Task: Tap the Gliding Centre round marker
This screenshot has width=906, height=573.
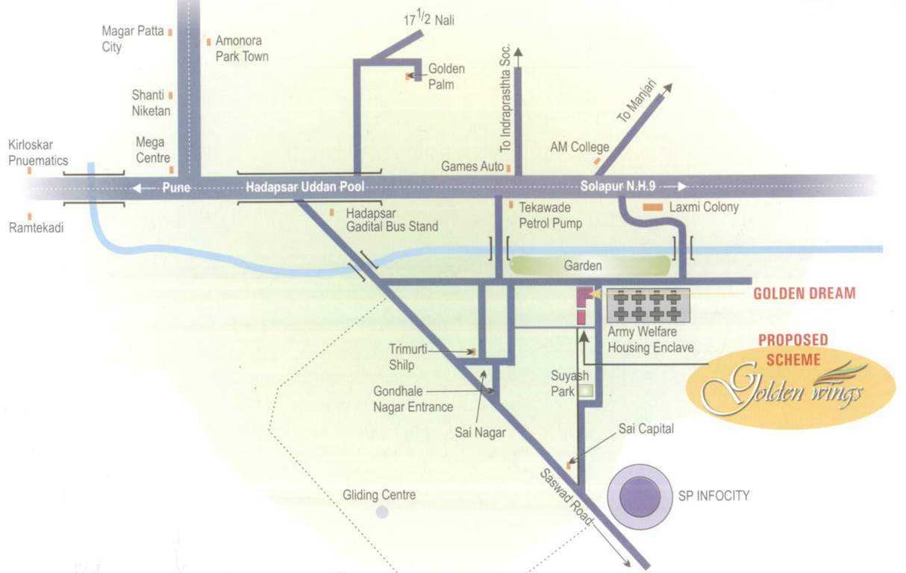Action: (x=382, y=512)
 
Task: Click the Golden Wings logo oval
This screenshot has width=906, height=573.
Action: (x=790, y=387)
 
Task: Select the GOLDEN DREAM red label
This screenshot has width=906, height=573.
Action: (x=804, y=293)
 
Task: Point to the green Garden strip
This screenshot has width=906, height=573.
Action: (x=590, y=266)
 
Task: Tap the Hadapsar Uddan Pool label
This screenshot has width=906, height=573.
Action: (x=305, y=187)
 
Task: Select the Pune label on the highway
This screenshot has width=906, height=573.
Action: (x=176, y=187)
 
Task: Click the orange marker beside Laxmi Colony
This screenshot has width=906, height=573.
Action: (x=652, y=207)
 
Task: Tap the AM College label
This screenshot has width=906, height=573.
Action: (x=579, y=148)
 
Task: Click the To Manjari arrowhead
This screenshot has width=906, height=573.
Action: (x=666, y=88)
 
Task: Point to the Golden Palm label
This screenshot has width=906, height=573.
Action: (x=446, y=76)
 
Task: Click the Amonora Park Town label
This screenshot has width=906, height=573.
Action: (x=242, y=48)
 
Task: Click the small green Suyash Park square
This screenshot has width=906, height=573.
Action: (x=587, y=390)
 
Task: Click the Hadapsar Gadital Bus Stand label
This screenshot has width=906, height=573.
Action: (x=392, y=219)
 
